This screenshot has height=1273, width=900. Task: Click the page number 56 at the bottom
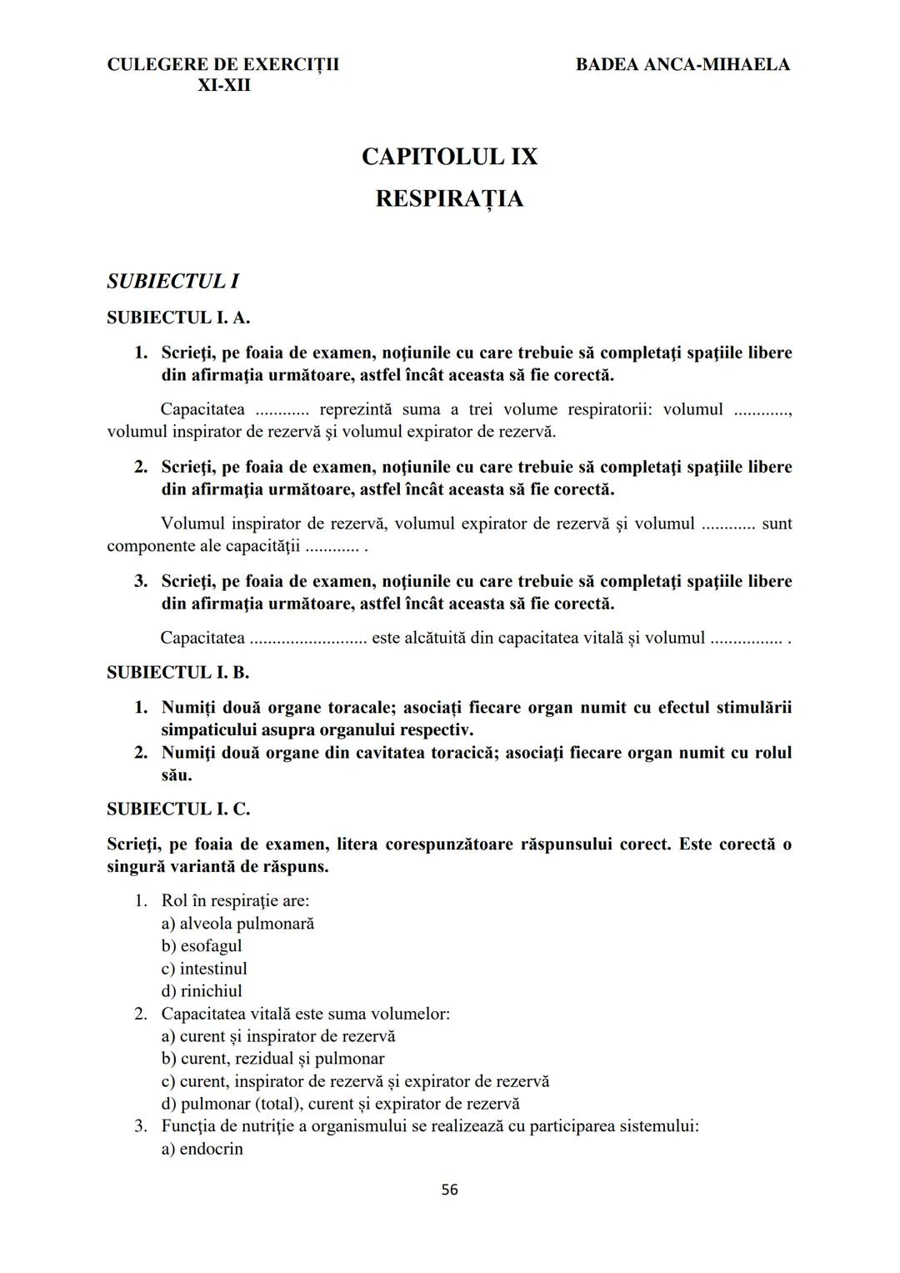pos(449,1190)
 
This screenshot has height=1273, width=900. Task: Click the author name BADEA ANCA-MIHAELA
pos(682,64)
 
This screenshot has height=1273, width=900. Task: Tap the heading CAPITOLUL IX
pos(449,157)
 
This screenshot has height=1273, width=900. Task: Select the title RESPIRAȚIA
pos(449,199)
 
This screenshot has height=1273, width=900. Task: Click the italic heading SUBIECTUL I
pos(173,281)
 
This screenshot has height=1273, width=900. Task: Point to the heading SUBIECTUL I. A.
pos(178,318)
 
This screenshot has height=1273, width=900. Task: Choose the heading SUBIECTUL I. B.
pos(178,672)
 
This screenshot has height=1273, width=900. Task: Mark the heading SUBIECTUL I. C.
pos(178,809)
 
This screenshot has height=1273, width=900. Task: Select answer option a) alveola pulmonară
pos(237,924)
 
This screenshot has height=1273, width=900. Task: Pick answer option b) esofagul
pos(202,946)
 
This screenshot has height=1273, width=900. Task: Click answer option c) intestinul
pos(204,969)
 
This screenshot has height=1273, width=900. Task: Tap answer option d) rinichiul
pos(202,991)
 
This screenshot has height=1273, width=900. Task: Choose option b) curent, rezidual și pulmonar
pos(272,1059)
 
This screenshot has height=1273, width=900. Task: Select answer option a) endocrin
pos(202,1149)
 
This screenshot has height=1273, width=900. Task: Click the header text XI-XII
pos(223,85)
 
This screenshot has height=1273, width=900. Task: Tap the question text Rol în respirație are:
pos(235,901)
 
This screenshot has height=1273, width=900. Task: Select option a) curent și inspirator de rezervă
pos(278,1036)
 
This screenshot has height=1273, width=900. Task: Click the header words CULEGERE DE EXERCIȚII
pos(223,64)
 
